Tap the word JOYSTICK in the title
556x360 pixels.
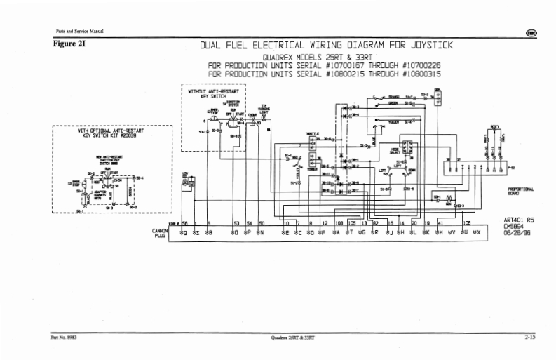click(x=425, y=46)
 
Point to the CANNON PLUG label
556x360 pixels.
click(x=158, y=233)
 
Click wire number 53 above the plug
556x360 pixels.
click(x=236, y=222)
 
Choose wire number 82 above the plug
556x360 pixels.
click(x=376, y=222)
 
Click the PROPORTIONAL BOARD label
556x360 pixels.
click(x=520, y=191)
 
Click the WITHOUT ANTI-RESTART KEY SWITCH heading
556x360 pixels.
click(x=213, y=93)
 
